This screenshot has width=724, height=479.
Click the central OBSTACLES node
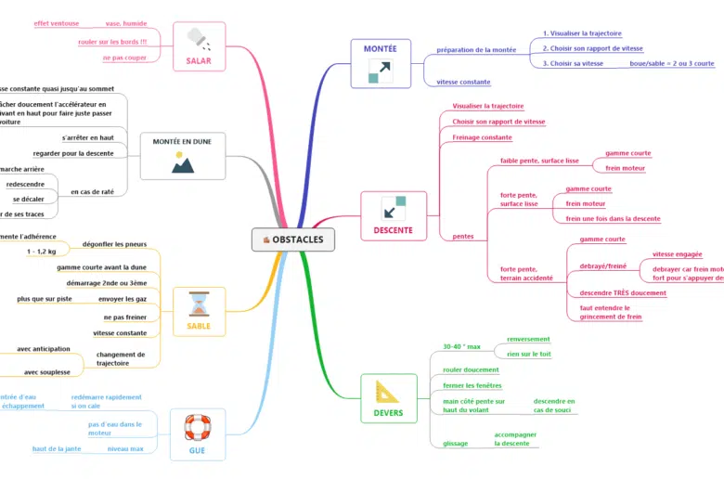[293, 239]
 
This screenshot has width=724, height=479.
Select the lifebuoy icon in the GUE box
[198, 427]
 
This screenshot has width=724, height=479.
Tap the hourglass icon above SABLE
[199, 303]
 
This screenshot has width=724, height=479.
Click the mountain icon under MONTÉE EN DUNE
[183, 162]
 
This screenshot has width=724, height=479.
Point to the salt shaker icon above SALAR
[198, 39]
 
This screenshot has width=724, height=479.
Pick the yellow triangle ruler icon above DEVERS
[387, 391]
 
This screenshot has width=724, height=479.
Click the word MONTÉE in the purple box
[380, 48]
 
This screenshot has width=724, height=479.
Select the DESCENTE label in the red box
[393, 229]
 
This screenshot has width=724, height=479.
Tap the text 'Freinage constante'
[482, 137]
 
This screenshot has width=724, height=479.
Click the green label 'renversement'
[528, 339]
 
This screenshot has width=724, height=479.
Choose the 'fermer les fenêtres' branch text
[473, 385]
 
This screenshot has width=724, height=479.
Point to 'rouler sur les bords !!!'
[112, 42]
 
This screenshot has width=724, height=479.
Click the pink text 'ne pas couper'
[124, 58]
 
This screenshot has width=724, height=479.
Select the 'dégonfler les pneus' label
[114, 244]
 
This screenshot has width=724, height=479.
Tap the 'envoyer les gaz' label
[123, 299]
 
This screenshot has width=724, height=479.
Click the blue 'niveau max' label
[125, 448]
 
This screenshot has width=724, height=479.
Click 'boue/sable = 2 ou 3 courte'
[672, 63]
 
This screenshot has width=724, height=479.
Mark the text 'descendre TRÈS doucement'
[623, 293]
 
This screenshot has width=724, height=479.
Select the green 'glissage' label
[456, 443]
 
